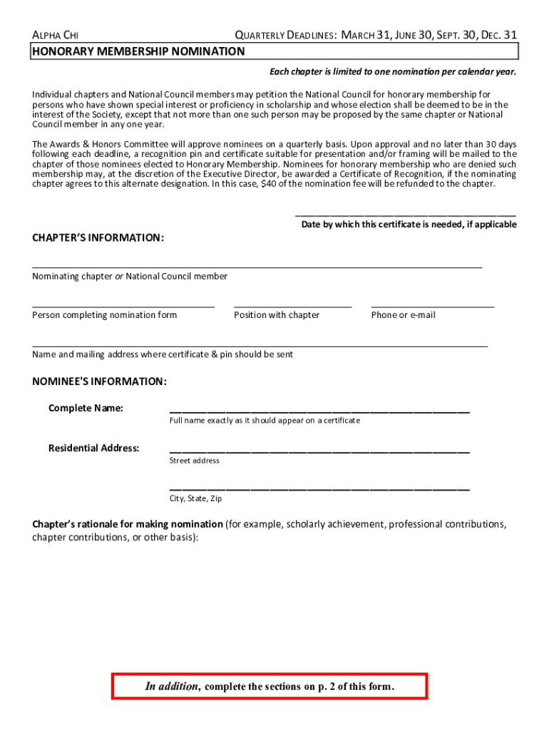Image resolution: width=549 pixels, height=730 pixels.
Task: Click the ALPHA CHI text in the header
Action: (56, 35)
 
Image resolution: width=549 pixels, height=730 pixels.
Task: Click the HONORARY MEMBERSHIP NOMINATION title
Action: (138, 51)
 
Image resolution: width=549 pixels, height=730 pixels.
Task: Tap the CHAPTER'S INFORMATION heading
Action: (98, 237)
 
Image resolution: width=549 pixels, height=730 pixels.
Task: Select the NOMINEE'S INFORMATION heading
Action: (99, 381)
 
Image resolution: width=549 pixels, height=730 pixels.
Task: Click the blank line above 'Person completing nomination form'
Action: (123, 306)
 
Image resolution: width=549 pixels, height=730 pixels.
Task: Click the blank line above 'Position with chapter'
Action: (292, 306)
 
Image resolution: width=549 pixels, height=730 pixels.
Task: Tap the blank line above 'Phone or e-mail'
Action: (432, 306)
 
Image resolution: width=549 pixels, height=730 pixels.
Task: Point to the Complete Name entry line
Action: (319, 412)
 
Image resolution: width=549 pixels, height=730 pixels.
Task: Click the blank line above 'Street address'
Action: (319, 452)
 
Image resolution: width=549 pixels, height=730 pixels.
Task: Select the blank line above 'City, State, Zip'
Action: (319, 490)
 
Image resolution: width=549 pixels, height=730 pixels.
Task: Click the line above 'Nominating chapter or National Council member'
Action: (257, 267)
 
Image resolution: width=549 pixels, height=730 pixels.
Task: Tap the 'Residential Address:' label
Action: (93, 448)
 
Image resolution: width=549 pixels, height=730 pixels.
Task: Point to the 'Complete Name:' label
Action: (86, 408)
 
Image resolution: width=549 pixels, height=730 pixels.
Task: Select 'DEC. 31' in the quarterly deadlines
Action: (496, 35)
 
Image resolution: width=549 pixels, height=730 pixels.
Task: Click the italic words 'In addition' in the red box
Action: (173, 687)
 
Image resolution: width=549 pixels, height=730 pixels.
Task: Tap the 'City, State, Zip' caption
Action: (195, 499)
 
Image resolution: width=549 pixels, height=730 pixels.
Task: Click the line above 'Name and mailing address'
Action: (260, 345)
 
